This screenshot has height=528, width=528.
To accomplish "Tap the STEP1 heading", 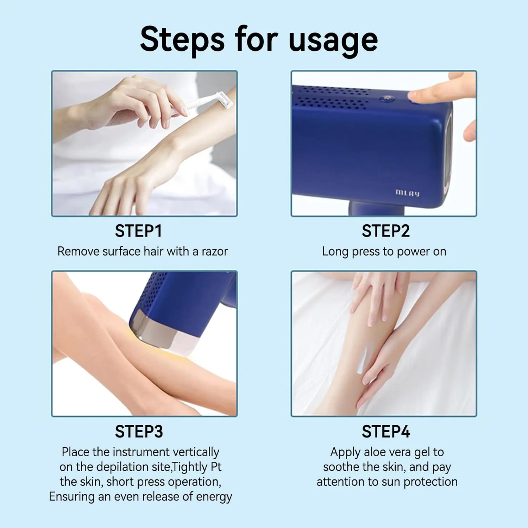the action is (139, 231).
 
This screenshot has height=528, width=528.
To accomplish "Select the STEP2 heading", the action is (386, 231).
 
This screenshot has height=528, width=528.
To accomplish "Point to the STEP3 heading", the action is (139, 432).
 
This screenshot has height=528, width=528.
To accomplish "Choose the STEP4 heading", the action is (386, 432).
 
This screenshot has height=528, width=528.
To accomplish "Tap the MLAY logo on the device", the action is (408, 193).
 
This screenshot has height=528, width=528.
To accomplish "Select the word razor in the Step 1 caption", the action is (215, 252).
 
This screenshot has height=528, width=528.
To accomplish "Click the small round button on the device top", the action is (386, 99).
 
